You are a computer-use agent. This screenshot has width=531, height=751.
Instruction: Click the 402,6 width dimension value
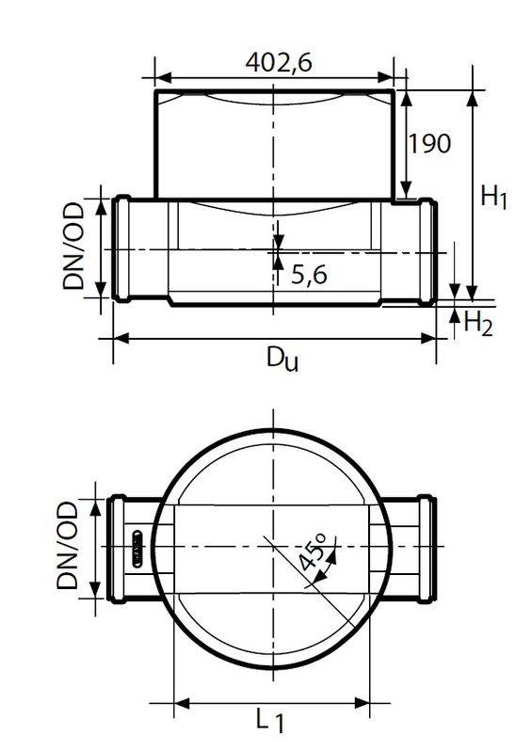pyautogui.click(x=279, y=62)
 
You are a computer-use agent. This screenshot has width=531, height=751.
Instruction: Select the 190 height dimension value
pyautogui.click(x=430, y=143)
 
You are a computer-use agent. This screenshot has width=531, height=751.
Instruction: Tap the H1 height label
pyautogui.click(x=493, y=197)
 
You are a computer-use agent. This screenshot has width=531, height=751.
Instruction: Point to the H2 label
pyautogui.click(x=477, y=324)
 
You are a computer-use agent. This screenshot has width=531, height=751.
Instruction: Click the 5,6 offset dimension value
pyautogui.click(x=310, y=275)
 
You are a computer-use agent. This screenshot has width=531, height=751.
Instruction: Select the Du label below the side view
pyautogui.click(x=282, y=359)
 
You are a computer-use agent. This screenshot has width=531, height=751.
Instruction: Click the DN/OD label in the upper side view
pyautogui.click(x=73, y=247)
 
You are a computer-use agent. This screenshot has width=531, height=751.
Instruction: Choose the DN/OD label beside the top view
pyautogui.click(x=67, y=545)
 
